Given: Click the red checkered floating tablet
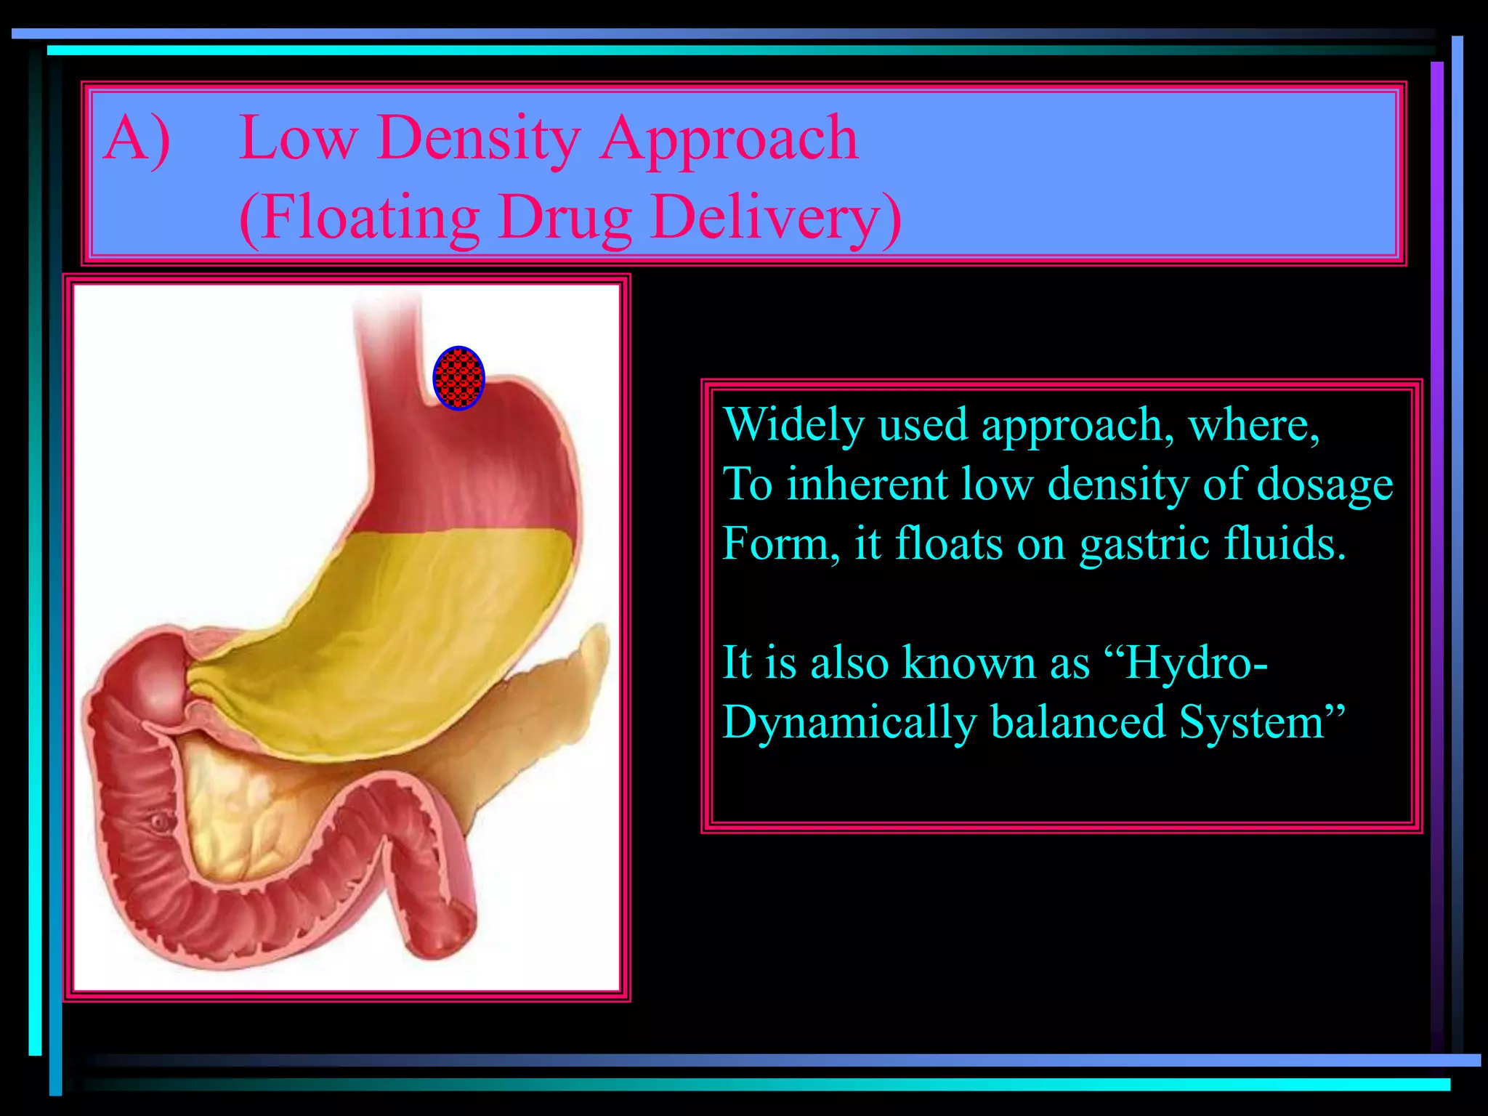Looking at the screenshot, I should [x=458, y=379].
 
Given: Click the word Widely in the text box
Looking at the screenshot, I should [x=793, y=426].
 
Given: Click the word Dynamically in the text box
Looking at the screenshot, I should [x=849, y=724].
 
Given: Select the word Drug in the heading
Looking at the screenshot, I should [x=565, y=219].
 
